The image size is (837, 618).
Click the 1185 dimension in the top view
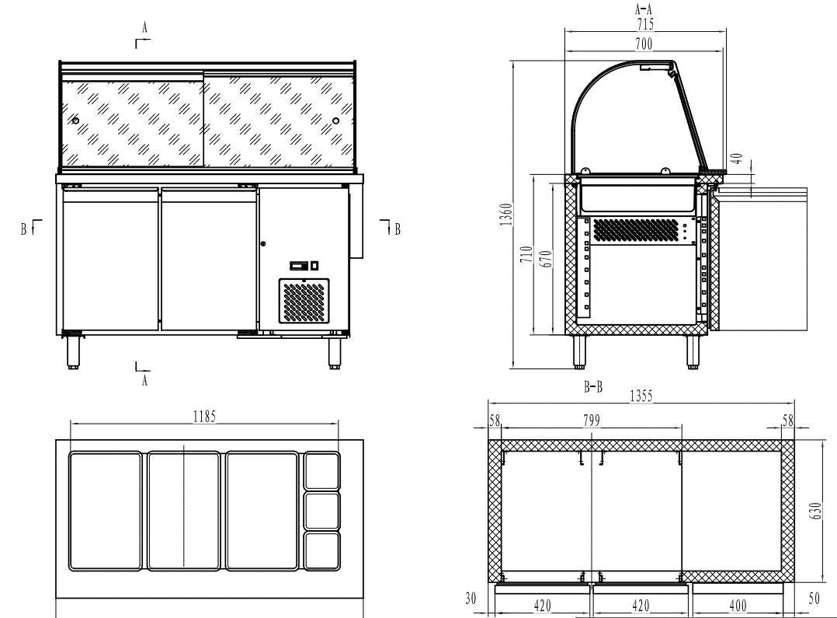(204, 416)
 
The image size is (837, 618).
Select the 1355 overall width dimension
(641, 396)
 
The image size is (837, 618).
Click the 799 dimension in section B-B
(592, 420)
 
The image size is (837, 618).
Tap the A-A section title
(644, 10)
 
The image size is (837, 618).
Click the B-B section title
(592, 386)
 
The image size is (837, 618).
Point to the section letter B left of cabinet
(24, 229)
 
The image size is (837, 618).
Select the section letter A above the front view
(144, 27)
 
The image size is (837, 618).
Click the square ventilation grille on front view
(304, 302)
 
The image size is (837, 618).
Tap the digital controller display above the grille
(300, 266)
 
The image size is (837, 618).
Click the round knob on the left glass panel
(75, 120)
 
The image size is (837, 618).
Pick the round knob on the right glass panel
(335, 120)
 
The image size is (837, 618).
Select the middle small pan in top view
(321, 510)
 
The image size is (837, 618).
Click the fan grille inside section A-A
(635, 229)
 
